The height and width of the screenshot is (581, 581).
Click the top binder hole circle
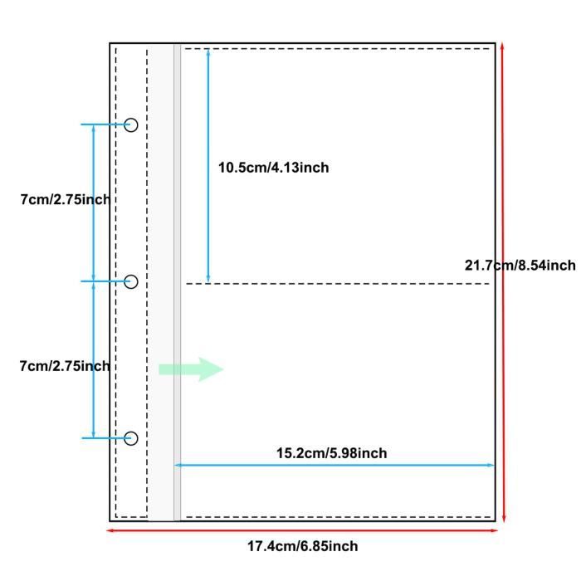131,125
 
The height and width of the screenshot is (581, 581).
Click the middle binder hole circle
131,281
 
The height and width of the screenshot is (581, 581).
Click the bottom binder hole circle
131,438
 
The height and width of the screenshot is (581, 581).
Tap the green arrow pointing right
191,369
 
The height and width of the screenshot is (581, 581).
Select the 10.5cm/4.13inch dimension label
273,168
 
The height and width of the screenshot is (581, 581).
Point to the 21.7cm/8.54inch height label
520,266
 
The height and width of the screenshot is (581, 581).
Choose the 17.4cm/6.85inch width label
302,546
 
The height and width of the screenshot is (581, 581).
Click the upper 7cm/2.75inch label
66,199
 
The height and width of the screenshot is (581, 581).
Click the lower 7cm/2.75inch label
65,366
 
